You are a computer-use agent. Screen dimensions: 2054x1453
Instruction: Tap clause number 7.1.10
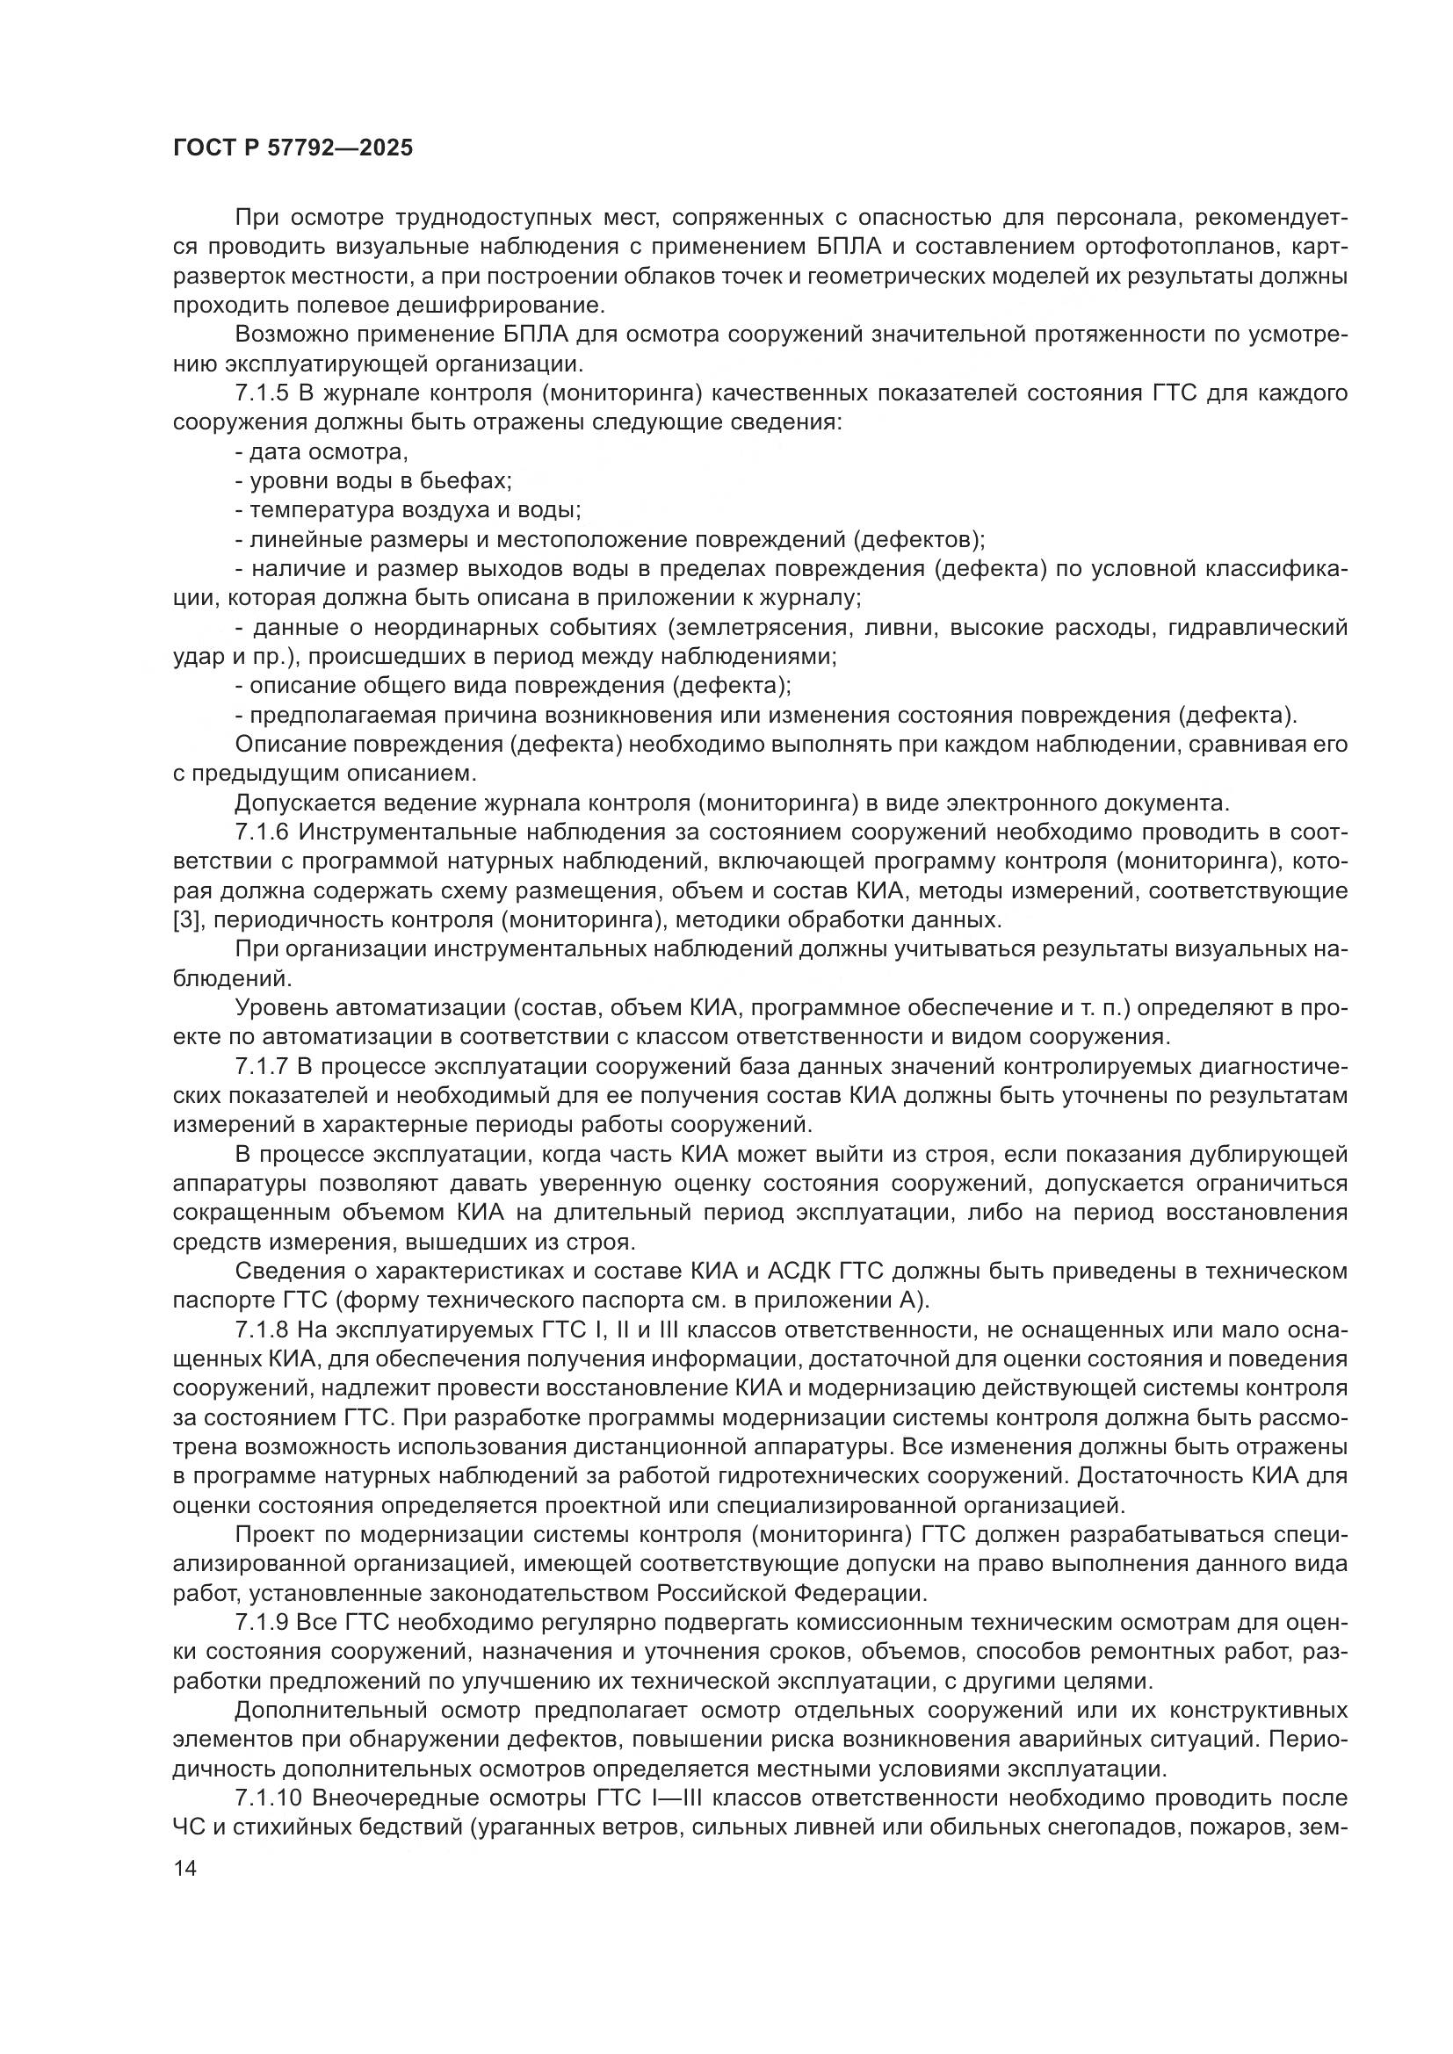point(269,1798)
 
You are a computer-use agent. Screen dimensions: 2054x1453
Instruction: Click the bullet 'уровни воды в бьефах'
point(374,481)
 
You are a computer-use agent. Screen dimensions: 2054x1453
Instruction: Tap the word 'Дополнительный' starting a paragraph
point(327,1711)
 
